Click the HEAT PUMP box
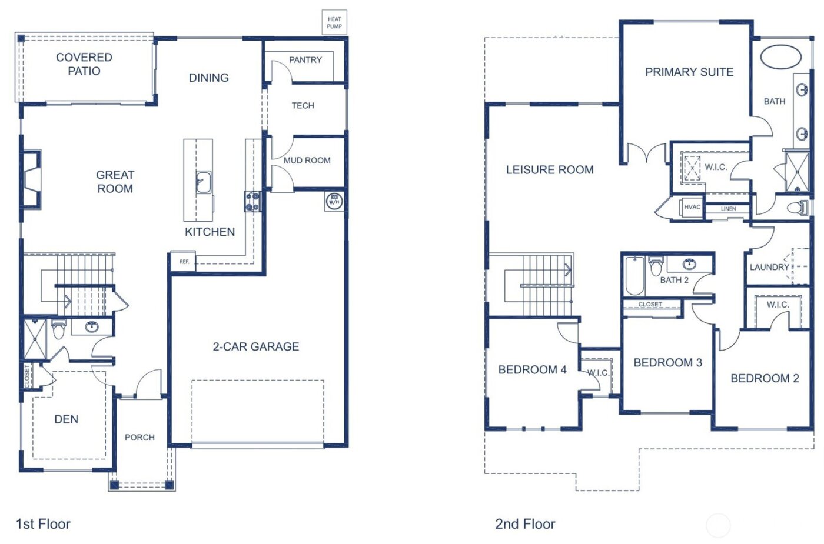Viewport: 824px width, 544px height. pyautogui.click(x=334, y=23)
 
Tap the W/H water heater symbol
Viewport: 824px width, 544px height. pyautogui.click(x=334, y=202)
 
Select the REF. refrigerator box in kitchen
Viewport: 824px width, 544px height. pyautogui.click(x=184, y=262)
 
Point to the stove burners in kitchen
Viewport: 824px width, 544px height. pyautogui.click(x=252, y=201)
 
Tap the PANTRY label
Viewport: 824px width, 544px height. pyautogui.click(x=305, y=60)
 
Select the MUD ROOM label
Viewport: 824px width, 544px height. pyautogui.click(x=307, y=160)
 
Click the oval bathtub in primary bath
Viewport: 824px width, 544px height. pyautogui.click(x=780, y=57)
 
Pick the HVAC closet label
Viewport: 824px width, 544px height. pyautogui.click(x=692, y=207)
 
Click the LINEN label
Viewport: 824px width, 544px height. pyautogui.click(x=728, y=209)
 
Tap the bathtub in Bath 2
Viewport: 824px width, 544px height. pyautogui.click(x=634, y=276)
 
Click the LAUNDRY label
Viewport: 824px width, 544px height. pyautogui.click(x=769, y=267)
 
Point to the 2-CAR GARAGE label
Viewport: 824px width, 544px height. pyautogui.click(x=255, y=346)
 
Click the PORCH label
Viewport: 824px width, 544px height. pyautogui.click(x=139, y=437)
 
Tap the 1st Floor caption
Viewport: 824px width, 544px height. pyautogui.click(x=43, y=524)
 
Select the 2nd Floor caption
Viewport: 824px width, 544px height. pyautogui.click(x=525, y=524)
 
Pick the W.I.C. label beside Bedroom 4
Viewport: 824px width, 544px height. pyautogui.click(x=598, y=373)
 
